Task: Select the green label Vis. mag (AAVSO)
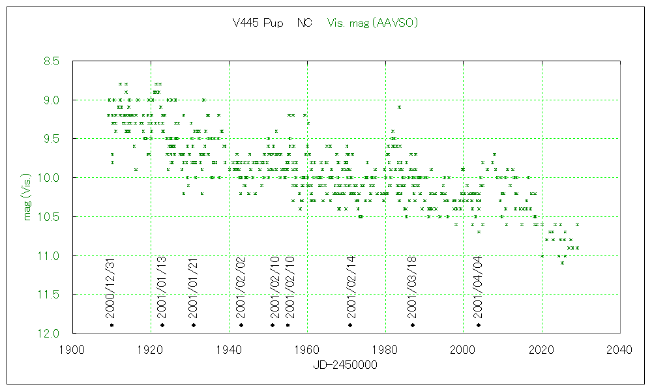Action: [x=372, y=23]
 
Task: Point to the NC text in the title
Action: [x=304, y=23]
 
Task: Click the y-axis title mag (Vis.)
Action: [x=27, y=197]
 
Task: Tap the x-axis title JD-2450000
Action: [x=346, y=366]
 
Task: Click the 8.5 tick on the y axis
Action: [x=51, y=61]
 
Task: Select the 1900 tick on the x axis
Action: [x=72, y=350]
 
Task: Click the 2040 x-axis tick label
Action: [x=619, y=350]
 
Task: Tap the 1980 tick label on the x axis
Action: [x=385, y=350]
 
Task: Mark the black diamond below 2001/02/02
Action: [x=241, y=325]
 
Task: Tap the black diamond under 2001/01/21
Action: [x=194, y=325]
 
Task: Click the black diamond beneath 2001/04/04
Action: [x=479, y=325]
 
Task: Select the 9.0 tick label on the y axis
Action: [x=51, y=100]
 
